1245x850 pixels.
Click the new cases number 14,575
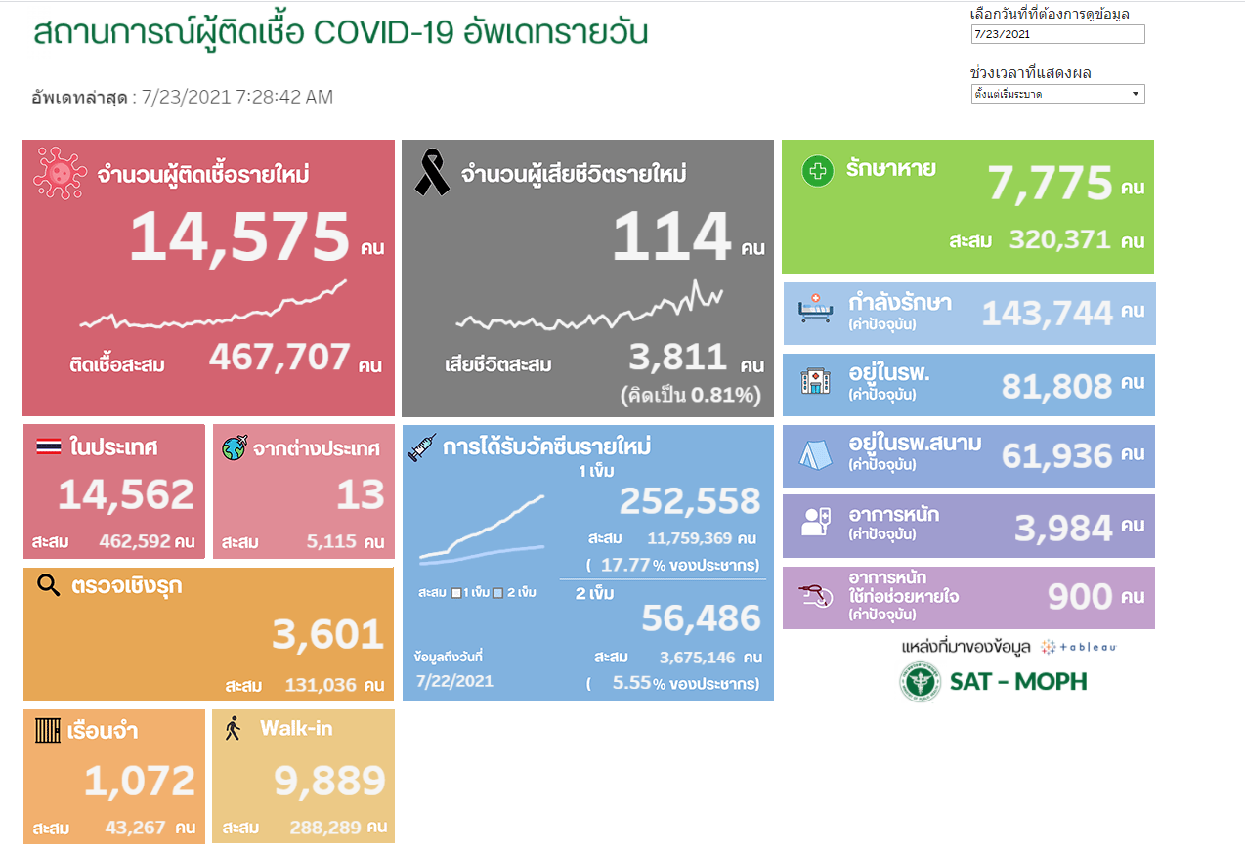point(239,237)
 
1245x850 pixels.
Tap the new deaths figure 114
point(671,237)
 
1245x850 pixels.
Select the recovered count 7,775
point(1050,184)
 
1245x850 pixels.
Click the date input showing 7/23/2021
point(1057,34)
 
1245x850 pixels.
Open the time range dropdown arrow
point(1136,94)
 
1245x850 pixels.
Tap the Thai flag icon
point(48,447)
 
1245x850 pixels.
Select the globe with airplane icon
point(235,448)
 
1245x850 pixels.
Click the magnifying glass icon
point(48,585)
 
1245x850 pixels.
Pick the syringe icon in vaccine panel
point(421,447)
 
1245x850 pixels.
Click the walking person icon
point(233,729)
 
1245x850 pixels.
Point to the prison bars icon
point(48,730)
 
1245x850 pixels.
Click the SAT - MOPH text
point(1018,681)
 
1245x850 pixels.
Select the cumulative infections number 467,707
point(279,358)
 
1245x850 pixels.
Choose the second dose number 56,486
point(700,617)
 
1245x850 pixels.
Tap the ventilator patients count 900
point(1079,596)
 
